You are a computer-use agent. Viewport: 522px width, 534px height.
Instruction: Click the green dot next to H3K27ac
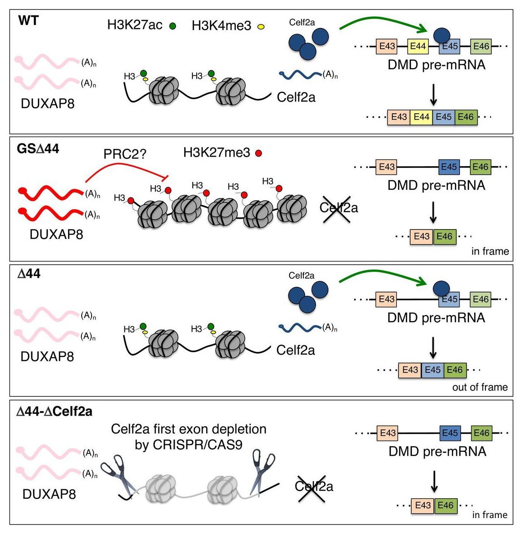173,26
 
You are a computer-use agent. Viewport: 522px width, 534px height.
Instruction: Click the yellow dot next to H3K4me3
261,27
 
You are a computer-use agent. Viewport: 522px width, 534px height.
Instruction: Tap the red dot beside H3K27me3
259,153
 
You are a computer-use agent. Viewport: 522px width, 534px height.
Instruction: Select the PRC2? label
125,154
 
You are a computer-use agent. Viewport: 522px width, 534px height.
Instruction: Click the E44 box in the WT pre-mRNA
418,47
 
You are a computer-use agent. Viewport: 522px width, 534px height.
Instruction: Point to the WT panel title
28,20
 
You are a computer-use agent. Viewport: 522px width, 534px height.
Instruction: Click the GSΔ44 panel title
38,149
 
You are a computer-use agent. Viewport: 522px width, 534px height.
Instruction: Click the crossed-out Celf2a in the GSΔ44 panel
338,208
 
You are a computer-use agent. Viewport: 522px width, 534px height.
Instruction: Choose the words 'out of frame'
479,387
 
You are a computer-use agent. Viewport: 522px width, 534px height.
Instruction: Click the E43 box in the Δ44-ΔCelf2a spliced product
423,505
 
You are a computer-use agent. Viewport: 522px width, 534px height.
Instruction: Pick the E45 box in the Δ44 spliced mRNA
432,370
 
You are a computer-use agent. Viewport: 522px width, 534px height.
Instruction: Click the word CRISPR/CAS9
188,444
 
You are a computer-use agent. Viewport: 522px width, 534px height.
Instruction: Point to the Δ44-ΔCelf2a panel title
54,412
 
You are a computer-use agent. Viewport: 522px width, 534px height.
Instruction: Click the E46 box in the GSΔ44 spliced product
445,236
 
